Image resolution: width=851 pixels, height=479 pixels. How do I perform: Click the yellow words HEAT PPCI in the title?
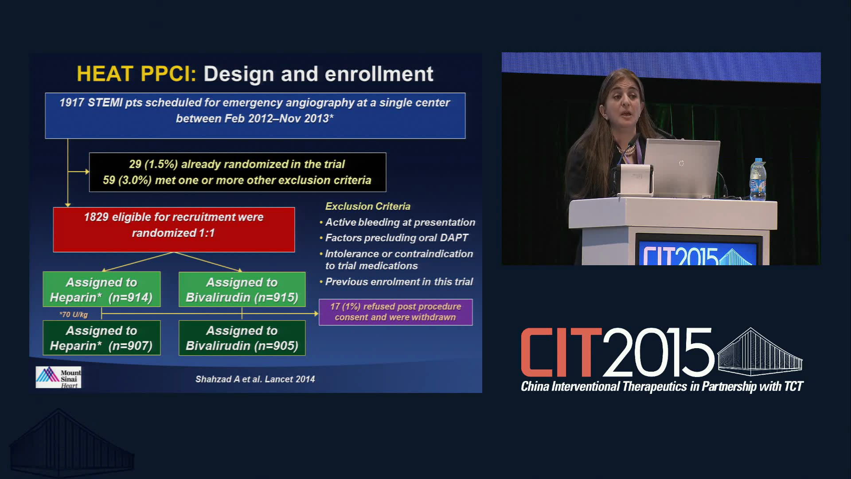(x=136, y=74)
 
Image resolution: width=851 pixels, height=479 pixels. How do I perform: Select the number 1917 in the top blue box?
(x=72, y=102)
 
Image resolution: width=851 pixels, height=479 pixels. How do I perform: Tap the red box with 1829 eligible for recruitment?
(x=174, y=230)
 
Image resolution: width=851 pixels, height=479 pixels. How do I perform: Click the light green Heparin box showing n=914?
(x=101, y=289)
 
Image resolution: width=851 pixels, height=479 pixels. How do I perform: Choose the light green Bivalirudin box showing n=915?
(x=242, y=289)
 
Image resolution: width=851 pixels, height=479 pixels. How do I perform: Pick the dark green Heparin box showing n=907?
(x=101, y=338)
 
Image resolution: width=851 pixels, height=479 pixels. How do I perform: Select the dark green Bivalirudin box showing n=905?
(x=242, y=338)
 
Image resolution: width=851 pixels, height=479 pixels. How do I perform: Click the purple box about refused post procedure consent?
(x=396, y=312)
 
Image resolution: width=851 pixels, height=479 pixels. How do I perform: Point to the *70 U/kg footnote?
(x=74, y=314)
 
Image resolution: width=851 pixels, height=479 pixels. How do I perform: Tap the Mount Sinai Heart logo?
(x=59, y=377)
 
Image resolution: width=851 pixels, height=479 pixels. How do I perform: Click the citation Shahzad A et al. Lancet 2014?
(x=255, y=379)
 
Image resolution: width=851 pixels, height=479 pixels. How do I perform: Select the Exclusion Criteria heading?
(x=368, y=206)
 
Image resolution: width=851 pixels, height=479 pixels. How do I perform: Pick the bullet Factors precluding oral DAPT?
(x=394, y=238)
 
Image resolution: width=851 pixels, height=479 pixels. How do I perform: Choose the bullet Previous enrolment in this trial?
(x=397, y=282)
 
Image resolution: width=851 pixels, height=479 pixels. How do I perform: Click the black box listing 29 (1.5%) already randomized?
(x=238, y=172)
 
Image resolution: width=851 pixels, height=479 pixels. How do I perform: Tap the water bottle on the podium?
(x=757, y=180)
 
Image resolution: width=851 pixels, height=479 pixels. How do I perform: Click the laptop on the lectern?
(x=682, y=168)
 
